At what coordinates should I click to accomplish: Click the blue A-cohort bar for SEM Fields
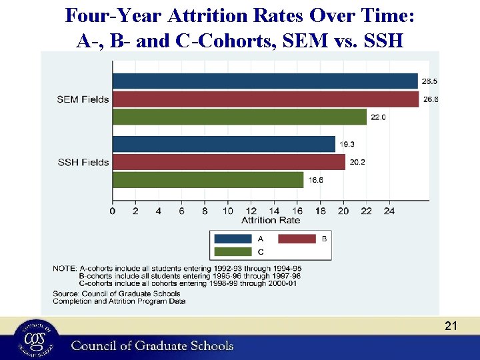coord(265,81)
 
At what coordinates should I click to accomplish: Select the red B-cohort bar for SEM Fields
coord(265,99)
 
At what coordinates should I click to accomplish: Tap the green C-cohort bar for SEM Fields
coord(239,117)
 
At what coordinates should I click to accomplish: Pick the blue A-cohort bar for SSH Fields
coord(223,144)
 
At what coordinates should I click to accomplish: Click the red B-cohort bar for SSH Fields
coord(229,162)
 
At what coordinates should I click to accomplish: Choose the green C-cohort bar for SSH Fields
coord(208,180)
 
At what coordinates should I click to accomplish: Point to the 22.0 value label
coord(378,117)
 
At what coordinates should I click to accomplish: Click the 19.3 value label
coord(347,144)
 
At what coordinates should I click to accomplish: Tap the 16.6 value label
coord(315,180)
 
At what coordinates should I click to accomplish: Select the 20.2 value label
coord(357,162)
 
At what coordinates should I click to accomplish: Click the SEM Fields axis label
coord(83,99)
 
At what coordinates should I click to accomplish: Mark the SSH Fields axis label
coord(83,162)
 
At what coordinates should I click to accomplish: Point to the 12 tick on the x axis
coord(251,211)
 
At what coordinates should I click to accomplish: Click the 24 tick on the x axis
coord(389,211)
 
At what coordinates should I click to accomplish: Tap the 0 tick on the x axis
coord(113,211)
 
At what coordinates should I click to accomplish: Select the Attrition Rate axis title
coord(271,220)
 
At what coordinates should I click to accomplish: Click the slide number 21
coord(451,325)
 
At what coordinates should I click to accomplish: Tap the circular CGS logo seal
coord(29,339)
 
